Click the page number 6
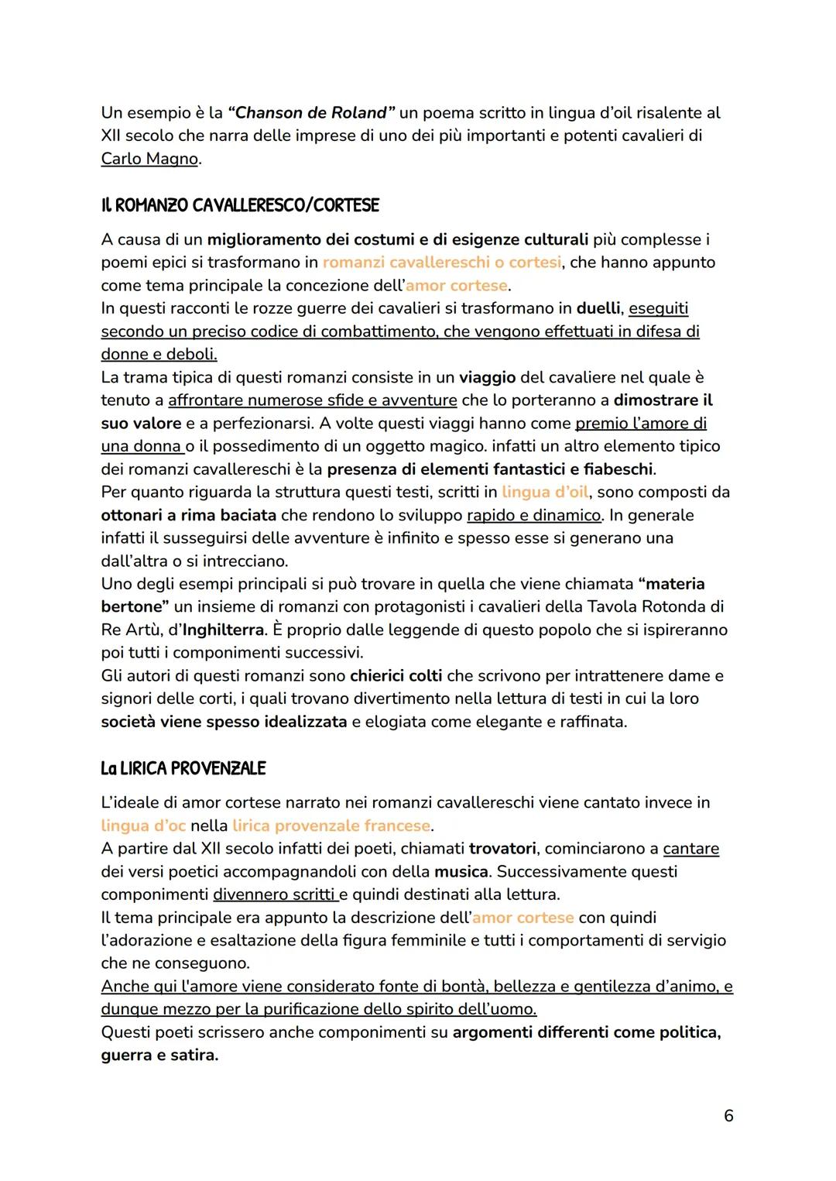728,1116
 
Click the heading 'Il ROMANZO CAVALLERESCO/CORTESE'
240,206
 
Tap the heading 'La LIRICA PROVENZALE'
183,769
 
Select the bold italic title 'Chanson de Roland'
311,112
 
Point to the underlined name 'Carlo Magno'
149,159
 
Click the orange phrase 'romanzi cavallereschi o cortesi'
441,263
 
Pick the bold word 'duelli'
598,308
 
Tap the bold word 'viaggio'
487,377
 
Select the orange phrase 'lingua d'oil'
545,492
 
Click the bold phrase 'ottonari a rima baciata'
188,515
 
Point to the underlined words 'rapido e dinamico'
533,515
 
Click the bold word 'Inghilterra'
223,630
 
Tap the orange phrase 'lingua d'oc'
143,826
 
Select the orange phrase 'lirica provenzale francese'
331,826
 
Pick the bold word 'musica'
461,871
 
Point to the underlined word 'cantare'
690,849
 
